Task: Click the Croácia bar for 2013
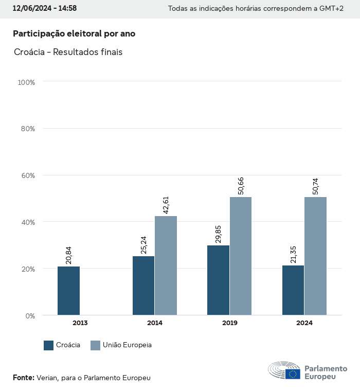pyautogui.click(x=68, y=291)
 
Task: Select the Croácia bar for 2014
pyautogui.click(x=143, y=286)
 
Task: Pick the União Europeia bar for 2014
pyautogui.click(x=166, y=265)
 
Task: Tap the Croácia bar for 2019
pyautogui.click(x=218, y=280)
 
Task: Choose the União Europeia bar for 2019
pyautogui.click(x=241, y=256)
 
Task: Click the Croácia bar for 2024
pyautogui.click(x=293, y=290)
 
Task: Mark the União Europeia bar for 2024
pyautogui.click(x=315, y=256)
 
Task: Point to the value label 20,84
pyautogui.click(x=69, y=255)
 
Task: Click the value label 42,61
pyautogui.click(x=166, y=204)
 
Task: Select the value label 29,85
pyautogui.click(x=219, y=234)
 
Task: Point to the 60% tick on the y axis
pyautogui.click(x=27, y=175)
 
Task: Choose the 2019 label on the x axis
pyautogui.click(x=229, y=324)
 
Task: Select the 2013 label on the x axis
pyautogui.click(x=80, y=324)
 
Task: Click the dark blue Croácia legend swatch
pyautogui.click(x=49, y=345)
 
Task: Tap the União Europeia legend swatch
pyautogui.click(x=96, y=345)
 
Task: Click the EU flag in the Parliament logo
pyautogui.click(x=293, y=374)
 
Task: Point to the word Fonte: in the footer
pyautogui.click(x=24, y=378)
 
